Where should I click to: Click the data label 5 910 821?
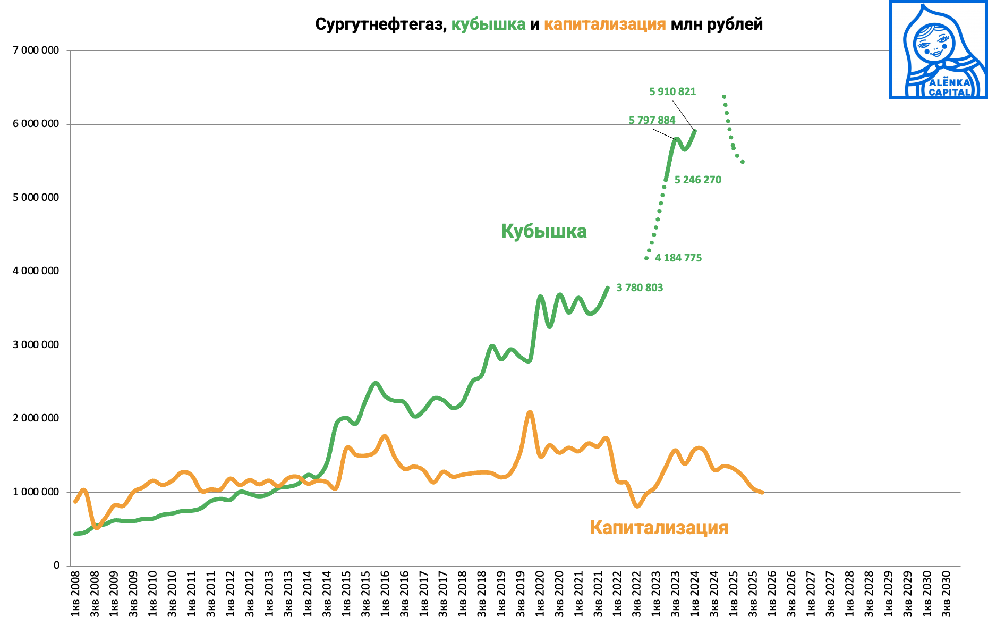pos(672,91)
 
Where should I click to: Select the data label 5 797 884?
pos(652,120)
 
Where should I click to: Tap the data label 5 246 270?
pos(697,180)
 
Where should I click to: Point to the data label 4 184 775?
pos(678,258)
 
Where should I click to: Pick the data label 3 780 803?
pos(639,288)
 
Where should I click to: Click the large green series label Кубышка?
pos(544,231)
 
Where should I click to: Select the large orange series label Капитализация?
pos(659,527)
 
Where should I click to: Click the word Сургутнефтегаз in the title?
pos(381,24)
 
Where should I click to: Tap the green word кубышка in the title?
pos(488,24)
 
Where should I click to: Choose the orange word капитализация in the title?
pos(604,24)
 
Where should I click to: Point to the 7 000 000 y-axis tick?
pos(36,50)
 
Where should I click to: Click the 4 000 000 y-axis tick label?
pos(36,271)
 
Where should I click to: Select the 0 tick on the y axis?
pos(56,565)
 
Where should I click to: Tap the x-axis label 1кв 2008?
pos(75,594)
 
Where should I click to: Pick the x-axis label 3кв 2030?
pos(946,594)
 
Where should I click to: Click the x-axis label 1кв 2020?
pos(540,594)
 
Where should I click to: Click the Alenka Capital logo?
pos(938,49)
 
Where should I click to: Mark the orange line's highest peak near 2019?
pos(530,412)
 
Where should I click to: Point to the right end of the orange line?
pos(762,492)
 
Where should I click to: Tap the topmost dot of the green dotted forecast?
pos(723,97)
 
